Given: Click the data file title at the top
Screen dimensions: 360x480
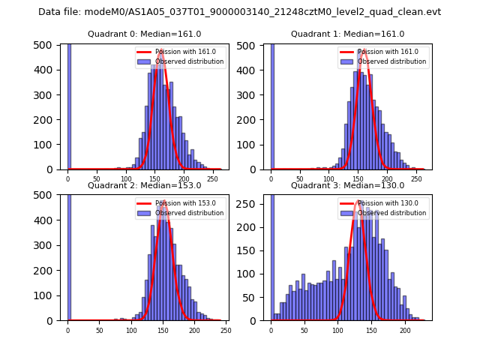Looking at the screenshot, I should pos(239,12).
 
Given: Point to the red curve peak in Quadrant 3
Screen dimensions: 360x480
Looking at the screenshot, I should pos(359,201).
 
